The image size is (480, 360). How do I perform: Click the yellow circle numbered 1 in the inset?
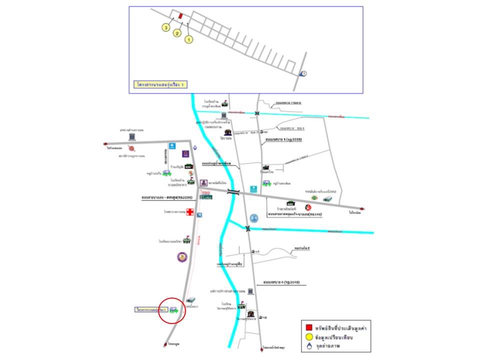(x=188, y=38)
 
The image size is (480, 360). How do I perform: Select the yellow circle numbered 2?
(x=176, y=33)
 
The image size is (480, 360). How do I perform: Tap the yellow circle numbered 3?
(x=165, y=28)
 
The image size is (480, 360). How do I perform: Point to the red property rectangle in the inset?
(x=180, y=15)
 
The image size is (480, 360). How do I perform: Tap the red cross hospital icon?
(x=189, y=212)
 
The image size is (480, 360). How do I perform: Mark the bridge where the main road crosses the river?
(x=233, y=192)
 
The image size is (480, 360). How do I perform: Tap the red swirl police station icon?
(x=131, y=148)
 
